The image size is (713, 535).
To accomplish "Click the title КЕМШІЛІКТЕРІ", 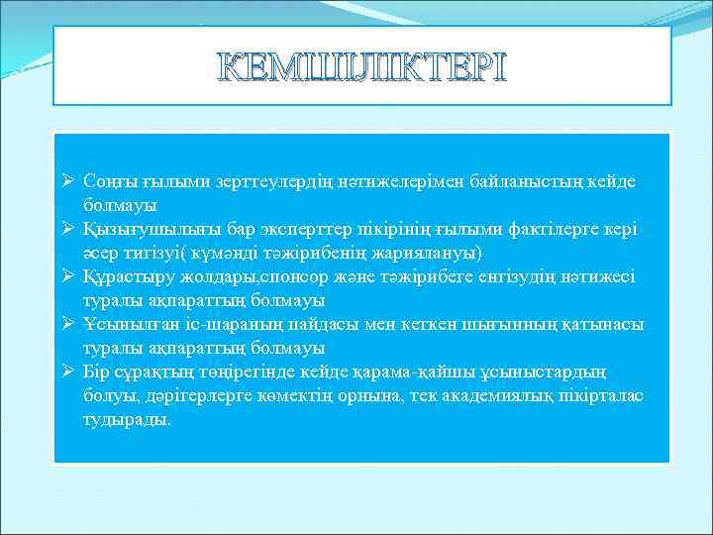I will pos(361,66).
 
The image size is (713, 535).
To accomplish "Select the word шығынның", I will pos(521,324).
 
